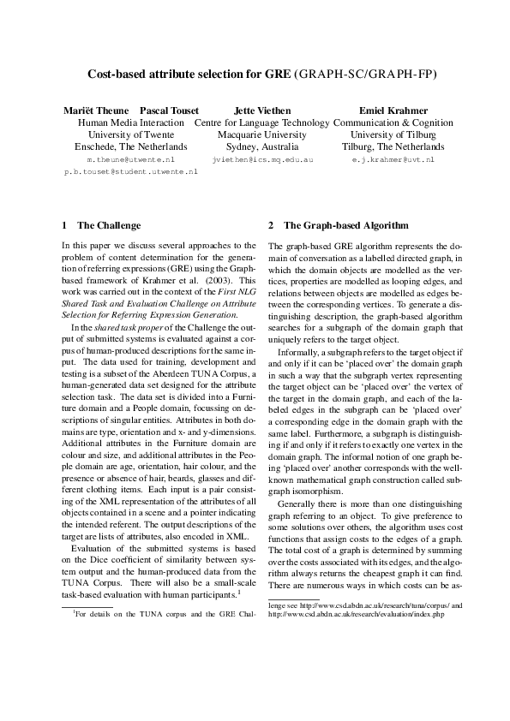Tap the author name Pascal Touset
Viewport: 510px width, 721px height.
169,110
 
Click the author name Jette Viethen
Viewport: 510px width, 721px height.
262,110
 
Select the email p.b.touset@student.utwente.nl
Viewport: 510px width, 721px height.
131,171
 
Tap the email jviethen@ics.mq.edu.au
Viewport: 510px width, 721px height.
262,159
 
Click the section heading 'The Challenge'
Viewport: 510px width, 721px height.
109,226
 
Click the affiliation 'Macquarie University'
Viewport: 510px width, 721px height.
262,135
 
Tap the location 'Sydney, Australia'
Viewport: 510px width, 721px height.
262,147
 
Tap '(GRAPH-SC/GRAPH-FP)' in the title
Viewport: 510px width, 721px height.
365,74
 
